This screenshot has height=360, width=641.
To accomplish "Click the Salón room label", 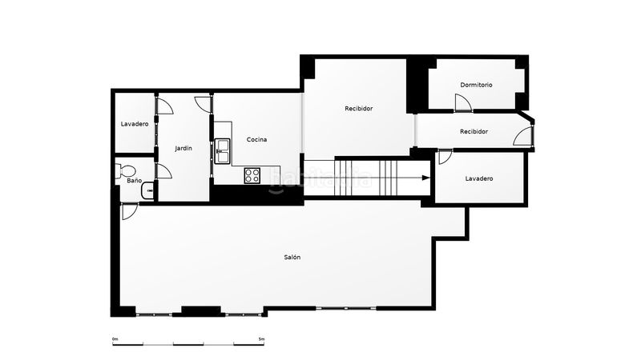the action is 292,257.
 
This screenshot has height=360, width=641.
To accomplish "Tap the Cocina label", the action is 256,139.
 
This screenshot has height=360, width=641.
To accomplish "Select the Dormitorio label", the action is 476,85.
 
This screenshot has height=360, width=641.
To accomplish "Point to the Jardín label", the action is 183,148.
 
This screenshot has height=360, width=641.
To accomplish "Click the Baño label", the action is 134,180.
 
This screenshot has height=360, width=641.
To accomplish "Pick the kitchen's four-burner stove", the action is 252,175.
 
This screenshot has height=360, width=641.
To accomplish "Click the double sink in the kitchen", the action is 223,151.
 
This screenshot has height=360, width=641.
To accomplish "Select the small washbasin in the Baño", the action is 148,190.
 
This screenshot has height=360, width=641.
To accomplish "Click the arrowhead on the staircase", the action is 426,178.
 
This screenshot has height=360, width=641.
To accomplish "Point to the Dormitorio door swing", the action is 464,102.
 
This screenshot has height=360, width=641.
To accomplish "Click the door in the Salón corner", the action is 130,212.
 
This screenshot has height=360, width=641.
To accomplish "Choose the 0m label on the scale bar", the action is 115,338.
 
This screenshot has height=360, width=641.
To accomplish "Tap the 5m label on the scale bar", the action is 262,338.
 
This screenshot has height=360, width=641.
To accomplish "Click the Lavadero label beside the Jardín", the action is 135,124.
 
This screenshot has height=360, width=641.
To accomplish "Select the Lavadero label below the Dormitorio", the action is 479,178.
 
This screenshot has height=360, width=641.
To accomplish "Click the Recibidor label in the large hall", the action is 358,109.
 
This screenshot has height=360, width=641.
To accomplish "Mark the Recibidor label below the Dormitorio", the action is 474,131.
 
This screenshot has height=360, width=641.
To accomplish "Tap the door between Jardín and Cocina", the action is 204,104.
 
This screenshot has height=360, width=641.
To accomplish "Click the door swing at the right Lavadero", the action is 445,157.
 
